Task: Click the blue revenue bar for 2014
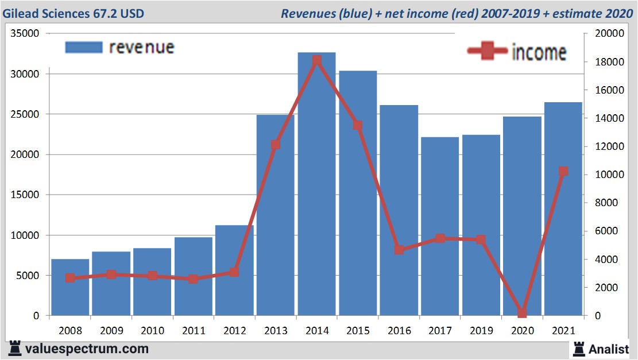coord(317,184)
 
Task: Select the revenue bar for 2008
coord(70,287)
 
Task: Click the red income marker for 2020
coord(522,313)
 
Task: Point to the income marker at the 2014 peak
coord(317,60)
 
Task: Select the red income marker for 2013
coord(276,145)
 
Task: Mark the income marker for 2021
coord(563,171)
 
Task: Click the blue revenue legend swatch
coord(84,47)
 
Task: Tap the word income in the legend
coord(539,52)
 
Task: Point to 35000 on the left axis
coord(25,34)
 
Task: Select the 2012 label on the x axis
coord(234,331)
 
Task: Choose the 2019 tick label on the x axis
coord(481,331)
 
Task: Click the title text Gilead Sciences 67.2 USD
coord(73,13)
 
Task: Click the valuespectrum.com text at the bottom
coord(87,349)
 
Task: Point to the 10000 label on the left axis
coord(25,235)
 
